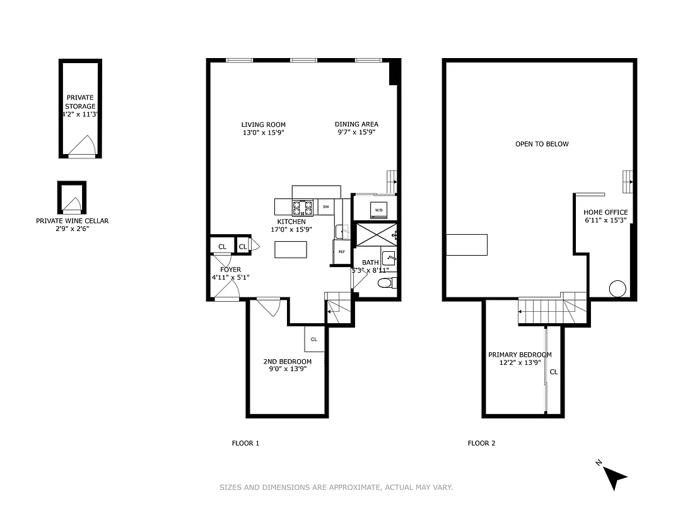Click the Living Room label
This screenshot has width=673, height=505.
pyautogui.click(x=263, y=129)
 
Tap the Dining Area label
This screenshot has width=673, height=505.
pyautogui.click(x=356, y=129)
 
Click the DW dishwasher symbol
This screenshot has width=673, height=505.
pyautogui.click(x=326, y=206)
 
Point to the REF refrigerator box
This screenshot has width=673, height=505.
pyautogui.click(x=341, y=252)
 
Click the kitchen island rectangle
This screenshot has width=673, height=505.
pyautogui.click(x=291, y=250)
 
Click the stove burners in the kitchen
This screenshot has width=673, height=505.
pyautogui.click(x=303, y=206)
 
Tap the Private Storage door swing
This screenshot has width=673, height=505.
pyautogui.click(x=81, y=148)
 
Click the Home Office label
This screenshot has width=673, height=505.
pyautogui.click(x=605, y=217)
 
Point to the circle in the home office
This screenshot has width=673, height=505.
pyautogui.click(x=617, y=288)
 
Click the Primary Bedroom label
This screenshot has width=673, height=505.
pyautogui.click(x=520, y=359)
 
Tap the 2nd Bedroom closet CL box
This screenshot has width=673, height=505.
pyautogui.click(x=313, y=339)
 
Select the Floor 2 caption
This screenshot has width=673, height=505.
pyautogui.click(x=481, y=443)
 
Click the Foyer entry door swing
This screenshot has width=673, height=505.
pyautogui.click(x=226, y=290)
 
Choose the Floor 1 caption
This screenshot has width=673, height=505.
pyautogui.click(x=245, y=443)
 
